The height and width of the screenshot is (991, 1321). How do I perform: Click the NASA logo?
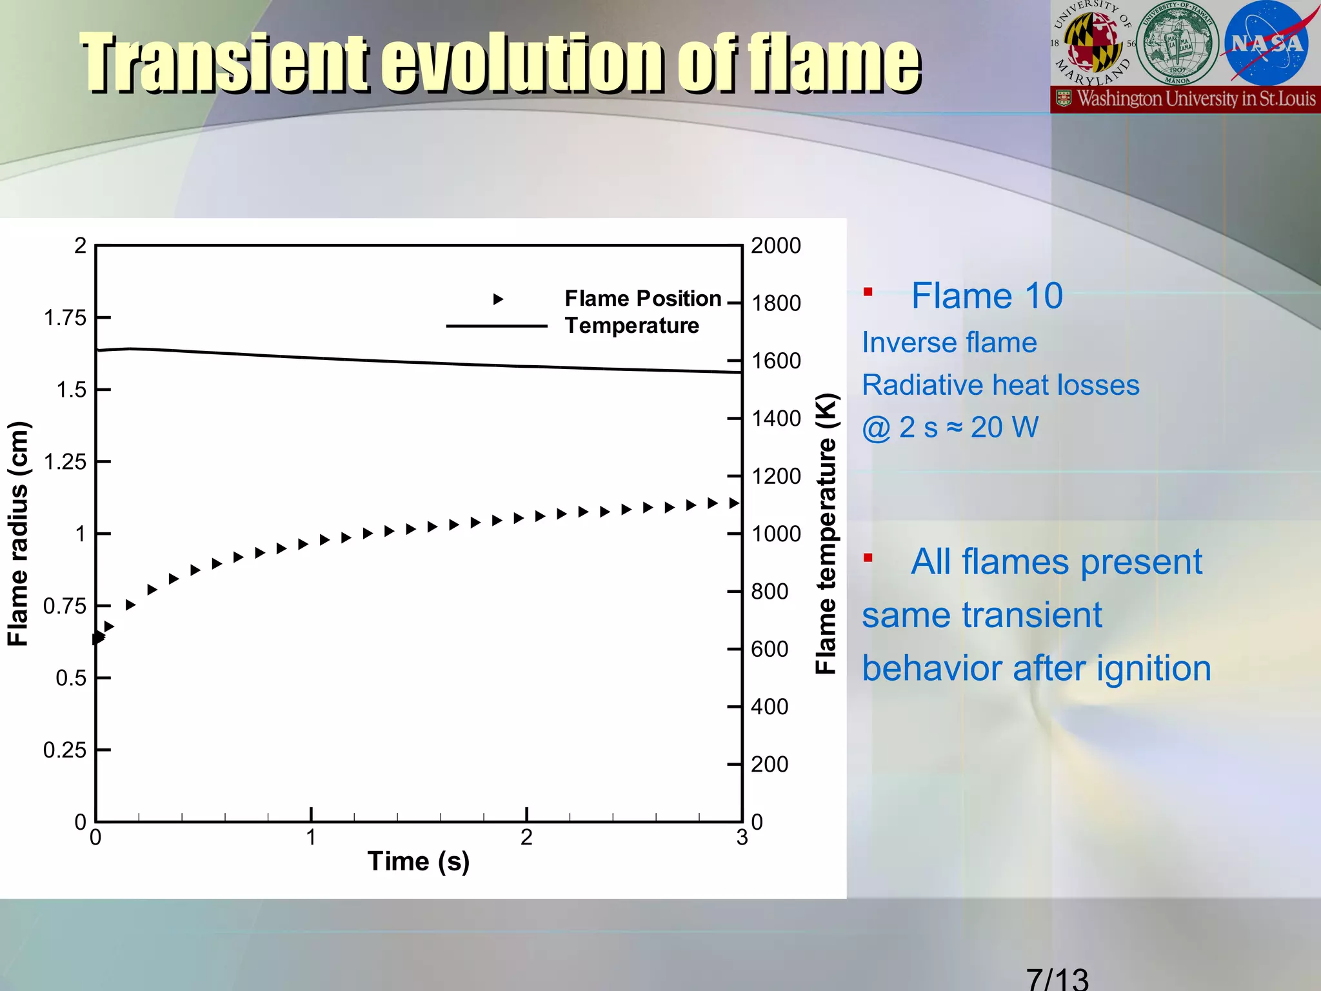point(1266,43)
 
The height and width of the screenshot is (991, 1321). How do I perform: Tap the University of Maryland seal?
point(1092,43)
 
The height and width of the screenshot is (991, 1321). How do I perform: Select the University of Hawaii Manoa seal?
point(1177,43)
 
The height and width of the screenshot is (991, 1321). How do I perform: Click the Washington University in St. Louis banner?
point(1186,99)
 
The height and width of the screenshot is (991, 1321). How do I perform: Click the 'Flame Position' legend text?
point(642,298)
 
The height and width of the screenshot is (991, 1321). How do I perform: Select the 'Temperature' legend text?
point(631,326)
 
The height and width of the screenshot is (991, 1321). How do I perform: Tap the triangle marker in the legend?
point(498,299)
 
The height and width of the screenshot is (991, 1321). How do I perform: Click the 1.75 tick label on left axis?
point(65,318)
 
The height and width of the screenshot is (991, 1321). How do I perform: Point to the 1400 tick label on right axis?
point(776,419)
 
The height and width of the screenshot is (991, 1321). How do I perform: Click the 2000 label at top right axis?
point(776,246)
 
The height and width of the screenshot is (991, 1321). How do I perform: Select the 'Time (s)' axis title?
point(418,862)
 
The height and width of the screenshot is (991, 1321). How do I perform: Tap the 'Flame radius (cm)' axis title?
point(18,534)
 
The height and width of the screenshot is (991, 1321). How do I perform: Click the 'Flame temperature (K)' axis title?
point(826,534)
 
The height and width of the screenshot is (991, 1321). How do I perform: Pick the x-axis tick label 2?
point(526,837)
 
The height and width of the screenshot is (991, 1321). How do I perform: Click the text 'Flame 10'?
point(986,296)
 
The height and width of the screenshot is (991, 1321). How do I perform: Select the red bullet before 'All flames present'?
point(868,558)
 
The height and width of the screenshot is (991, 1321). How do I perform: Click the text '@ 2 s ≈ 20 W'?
point(950,428)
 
